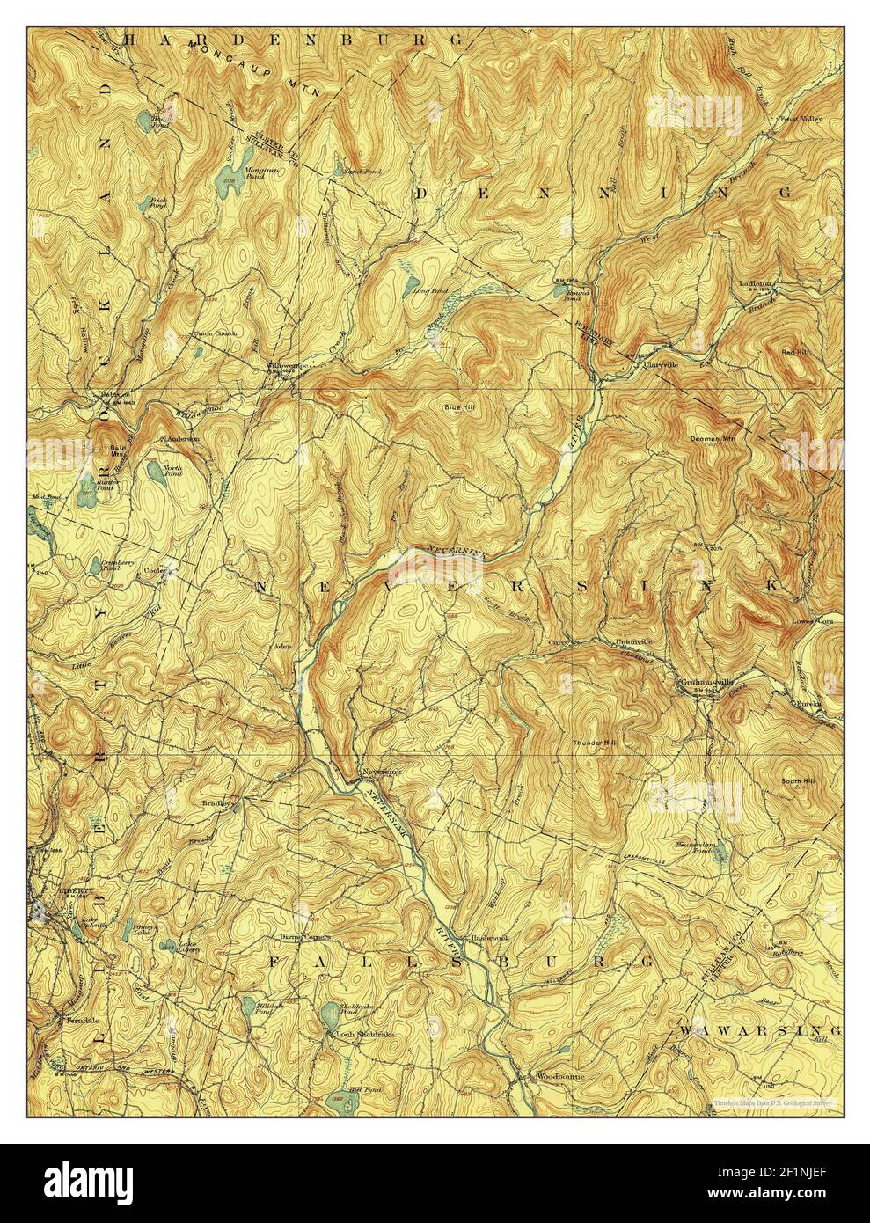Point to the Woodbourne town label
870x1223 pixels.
tap(557, 1076)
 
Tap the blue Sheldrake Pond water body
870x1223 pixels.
tap(326, 1012)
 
